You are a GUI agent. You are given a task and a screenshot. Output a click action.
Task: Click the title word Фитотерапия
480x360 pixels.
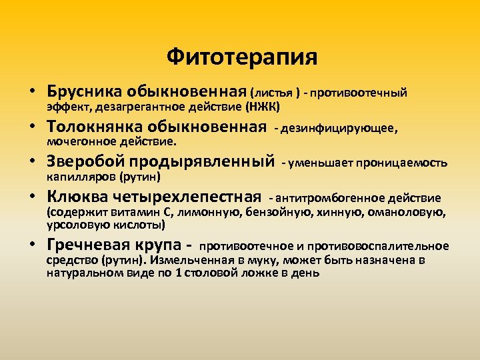click(242, 57)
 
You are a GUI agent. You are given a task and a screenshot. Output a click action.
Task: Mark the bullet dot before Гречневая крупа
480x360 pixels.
click(31, 246)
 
